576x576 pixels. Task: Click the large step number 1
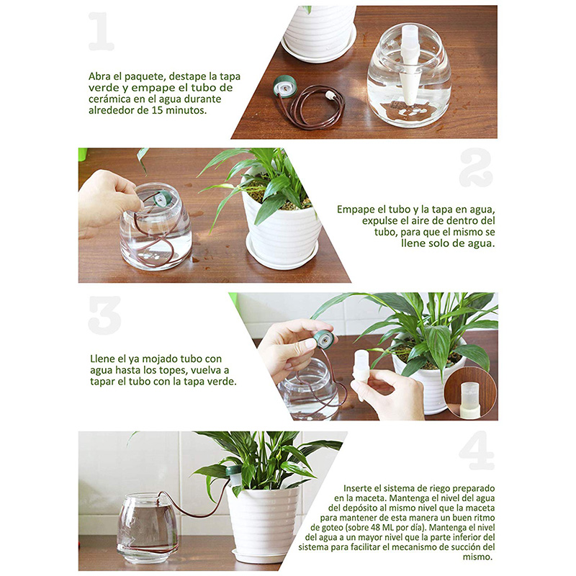pos(102,31)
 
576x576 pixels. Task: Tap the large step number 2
pos(476,167)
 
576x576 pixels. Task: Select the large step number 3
pos(104,315)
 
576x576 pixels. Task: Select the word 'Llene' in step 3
pos(102,359)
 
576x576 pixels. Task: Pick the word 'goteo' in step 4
pos(323,528)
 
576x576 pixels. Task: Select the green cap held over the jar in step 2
pos(163,199)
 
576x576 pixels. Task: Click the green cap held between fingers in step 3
pos(323,340)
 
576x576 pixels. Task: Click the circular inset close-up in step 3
pos(471,394)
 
